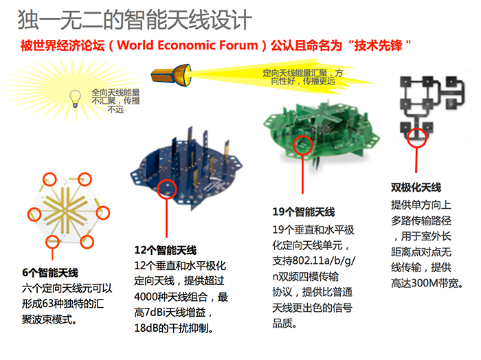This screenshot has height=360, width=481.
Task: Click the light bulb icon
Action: (x=75, y=98)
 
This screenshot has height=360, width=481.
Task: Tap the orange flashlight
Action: (x=171, y=75)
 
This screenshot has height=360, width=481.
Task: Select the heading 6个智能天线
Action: (x=50, y=273)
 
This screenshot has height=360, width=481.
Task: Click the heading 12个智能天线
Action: (x=166, y=250)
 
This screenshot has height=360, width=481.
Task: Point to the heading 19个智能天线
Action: (x=304, y=212)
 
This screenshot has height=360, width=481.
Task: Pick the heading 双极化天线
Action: (x=416, y=188)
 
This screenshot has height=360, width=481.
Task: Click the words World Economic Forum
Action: (x=188, y=45)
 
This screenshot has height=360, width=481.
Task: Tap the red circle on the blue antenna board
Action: (x=167, y=189)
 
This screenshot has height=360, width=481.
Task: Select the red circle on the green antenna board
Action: (x=303, y=145)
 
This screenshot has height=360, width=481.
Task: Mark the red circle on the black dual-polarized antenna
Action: (x=416, y=137)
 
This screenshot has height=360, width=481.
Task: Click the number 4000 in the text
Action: (x=146, y=297)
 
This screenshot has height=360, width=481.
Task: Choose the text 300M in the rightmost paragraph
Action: (x=425, y=283)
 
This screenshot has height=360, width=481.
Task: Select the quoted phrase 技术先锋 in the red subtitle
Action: (x=378, y=45)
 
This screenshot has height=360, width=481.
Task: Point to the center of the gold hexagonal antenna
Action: (x=65, y=211)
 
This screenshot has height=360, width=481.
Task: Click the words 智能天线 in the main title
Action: (x=168, y=20)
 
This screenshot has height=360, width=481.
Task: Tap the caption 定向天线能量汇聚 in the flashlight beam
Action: (x=295, y=73)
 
